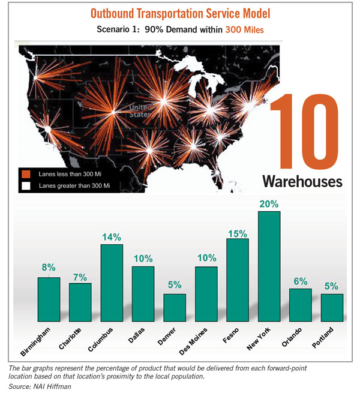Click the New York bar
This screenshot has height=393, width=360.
coord(269,266)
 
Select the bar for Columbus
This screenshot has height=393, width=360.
coord(112,283)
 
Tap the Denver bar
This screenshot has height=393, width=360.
coord(175,308)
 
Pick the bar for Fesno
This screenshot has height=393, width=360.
coord(238,280)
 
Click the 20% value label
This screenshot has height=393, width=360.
coord(269,204)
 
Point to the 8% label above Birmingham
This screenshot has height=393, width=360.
coord(49,267)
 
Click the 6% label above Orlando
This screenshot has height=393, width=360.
coord(301,281)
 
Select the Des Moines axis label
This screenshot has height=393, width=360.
coord(193,341)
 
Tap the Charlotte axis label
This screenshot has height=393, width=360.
coord(70,338)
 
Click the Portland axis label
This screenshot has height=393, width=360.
coord(323,337)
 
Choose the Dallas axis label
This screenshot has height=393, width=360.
coord(136,335)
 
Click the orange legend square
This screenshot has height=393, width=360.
coord(26,174)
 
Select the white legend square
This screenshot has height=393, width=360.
coord(26,186)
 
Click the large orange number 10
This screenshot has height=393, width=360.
coord(304,131)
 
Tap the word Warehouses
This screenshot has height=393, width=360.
coord(302,181)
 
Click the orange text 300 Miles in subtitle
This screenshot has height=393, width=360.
coord(244,29)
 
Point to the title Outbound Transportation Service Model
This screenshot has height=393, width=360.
coord(180,14)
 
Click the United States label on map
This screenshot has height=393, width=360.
coord(139,111)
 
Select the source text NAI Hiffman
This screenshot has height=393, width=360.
coord(52,386)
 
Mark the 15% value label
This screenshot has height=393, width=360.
coord(238,234)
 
